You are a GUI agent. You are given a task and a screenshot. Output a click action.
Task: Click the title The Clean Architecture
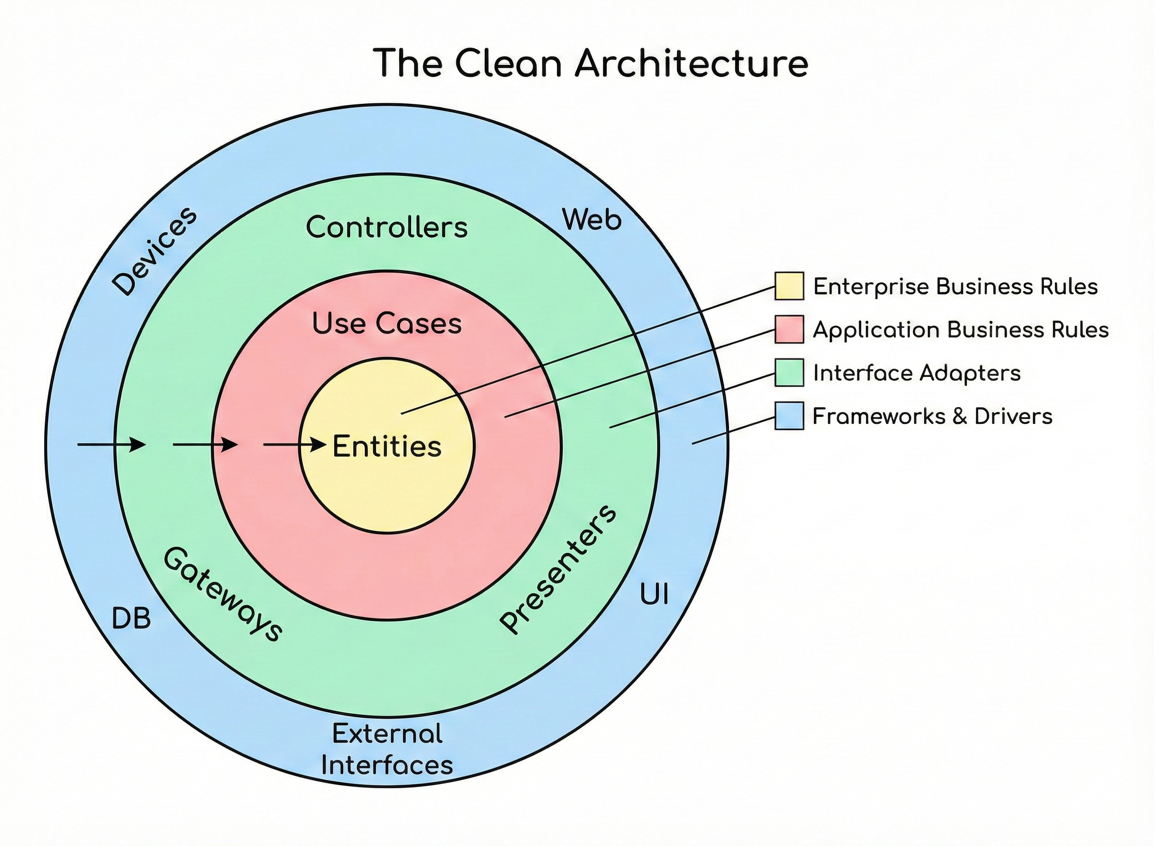pyautogui.click(x=590, y=63)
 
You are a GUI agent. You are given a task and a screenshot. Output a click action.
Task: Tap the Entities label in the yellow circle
pyautogui.click(x=387, y=447)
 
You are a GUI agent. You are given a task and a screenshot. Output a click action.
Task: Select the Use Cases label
pyautogui.click(x=387, y=323)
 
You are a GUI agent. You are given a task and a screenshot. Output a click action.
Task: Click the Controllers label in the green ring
pyautogui.click(x=387, y=227)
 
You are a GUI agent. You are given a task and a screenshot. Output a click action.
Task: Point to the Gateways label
pyautogui.click(x=223, y=595)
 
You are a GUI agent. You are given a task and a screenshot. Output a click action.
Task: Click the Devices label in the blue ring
pyautogui.click(x=154, y=251)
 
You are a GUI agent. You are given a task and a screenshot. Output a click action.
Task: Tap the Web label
pyautogui.click(x=591, y=220)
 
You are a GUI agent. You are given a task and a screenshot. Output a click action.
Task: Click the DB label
pyautogui.click(x=132, y=619)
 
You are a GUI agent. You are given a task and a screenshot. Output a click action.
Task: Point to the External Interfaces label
pyautogui.click(x=387, y=749)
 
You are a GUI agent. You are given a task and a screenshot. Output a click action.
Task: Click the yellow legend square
pyautogui.click(x=789, y=286)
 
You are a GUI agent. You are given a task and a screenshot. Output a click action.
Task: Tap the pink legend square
pyautogui.click(x=789, y=329)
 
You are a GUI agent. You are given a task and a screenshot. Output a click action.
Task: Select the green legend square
pyautogui.click(x=789, y=373)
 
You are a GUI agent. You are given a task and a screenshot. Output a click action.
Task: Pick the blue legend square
pyautogui.click(x=789, y=415)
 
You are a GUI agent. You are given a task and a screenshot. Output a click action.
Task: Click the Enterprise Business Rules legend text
pyautogui.click(x=955, y=286)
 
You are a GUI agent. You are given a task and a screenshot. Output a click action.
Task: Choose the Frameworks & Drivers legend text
pyautogui.click(x=932, y=416)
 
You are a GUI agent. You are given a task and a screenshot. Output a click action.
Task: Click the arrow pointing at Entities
pyautogui.click(x=295, y=445)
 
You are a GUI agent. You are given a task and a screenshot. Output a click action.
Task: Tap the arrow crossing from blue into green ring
pyautogui.click(x=112, y=445)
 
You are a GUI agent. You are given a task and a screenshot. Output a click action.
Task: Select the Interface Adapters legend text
pyautogui.click(x=917, y=373)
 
